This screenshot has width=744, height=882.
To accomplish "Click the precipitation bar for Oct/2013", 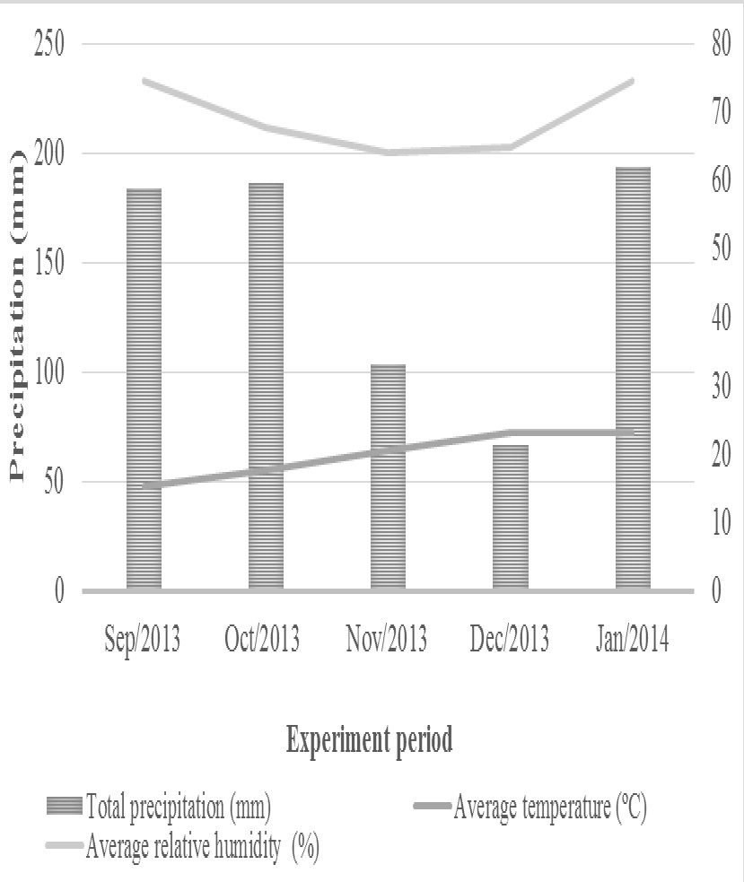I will click(266, 386).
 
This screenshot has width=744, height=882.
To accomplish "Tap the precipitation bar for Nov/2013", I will click(388, 476).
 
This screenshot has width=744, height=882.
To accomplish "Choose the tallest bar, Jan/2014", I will click(633, 378).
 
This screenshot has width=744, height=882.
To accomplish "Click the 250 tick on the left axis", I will click(48, 44).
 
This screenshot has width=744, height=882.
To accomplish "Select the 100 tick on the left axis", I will click(48, 372).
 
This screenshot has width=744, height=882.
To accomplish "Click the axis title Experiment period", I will click(369, 741).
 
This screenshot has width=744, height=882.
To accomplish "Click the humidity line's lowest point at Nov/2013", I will click(389, 153).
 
